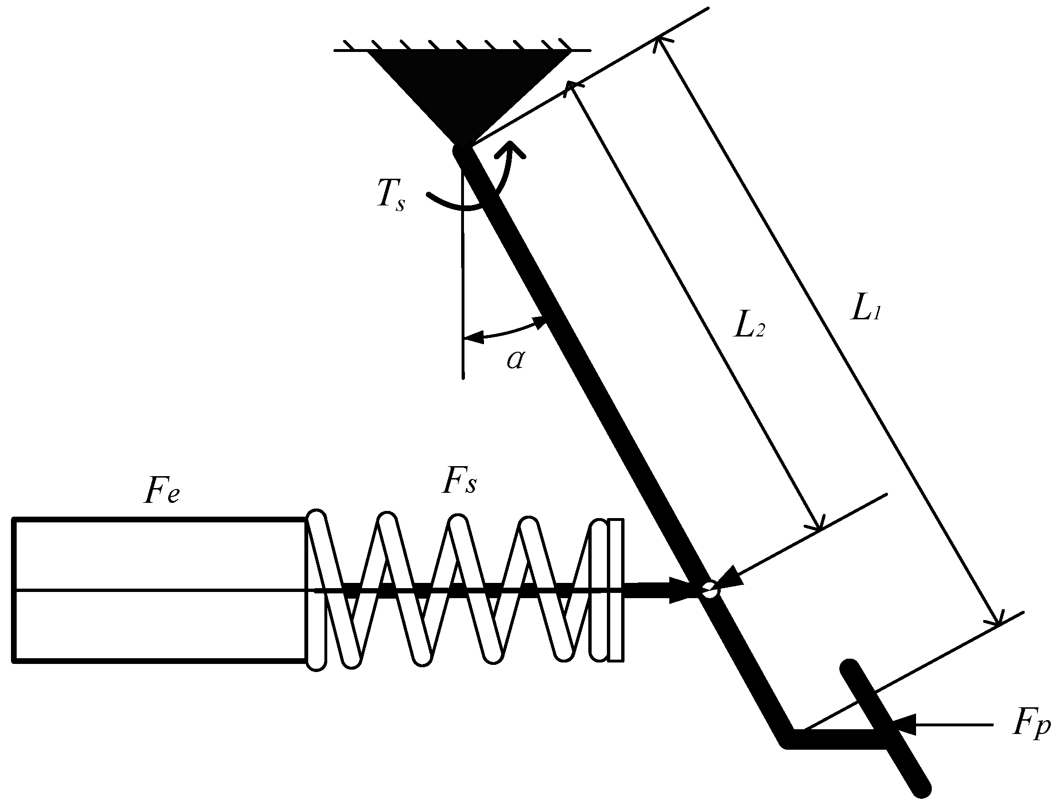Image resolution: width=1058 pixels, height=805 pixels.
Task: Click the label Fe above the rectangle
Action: (x=161, y=490)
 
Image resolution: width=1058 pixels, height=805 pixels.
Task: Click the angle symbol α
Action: (x=515, y=359)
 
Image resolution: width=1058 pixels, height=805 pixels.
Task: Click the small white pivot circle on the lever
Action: (x=710, y=589)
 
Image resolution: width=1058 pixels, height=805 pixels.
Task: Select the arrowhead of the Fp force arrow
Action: (x=904, y=725)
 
